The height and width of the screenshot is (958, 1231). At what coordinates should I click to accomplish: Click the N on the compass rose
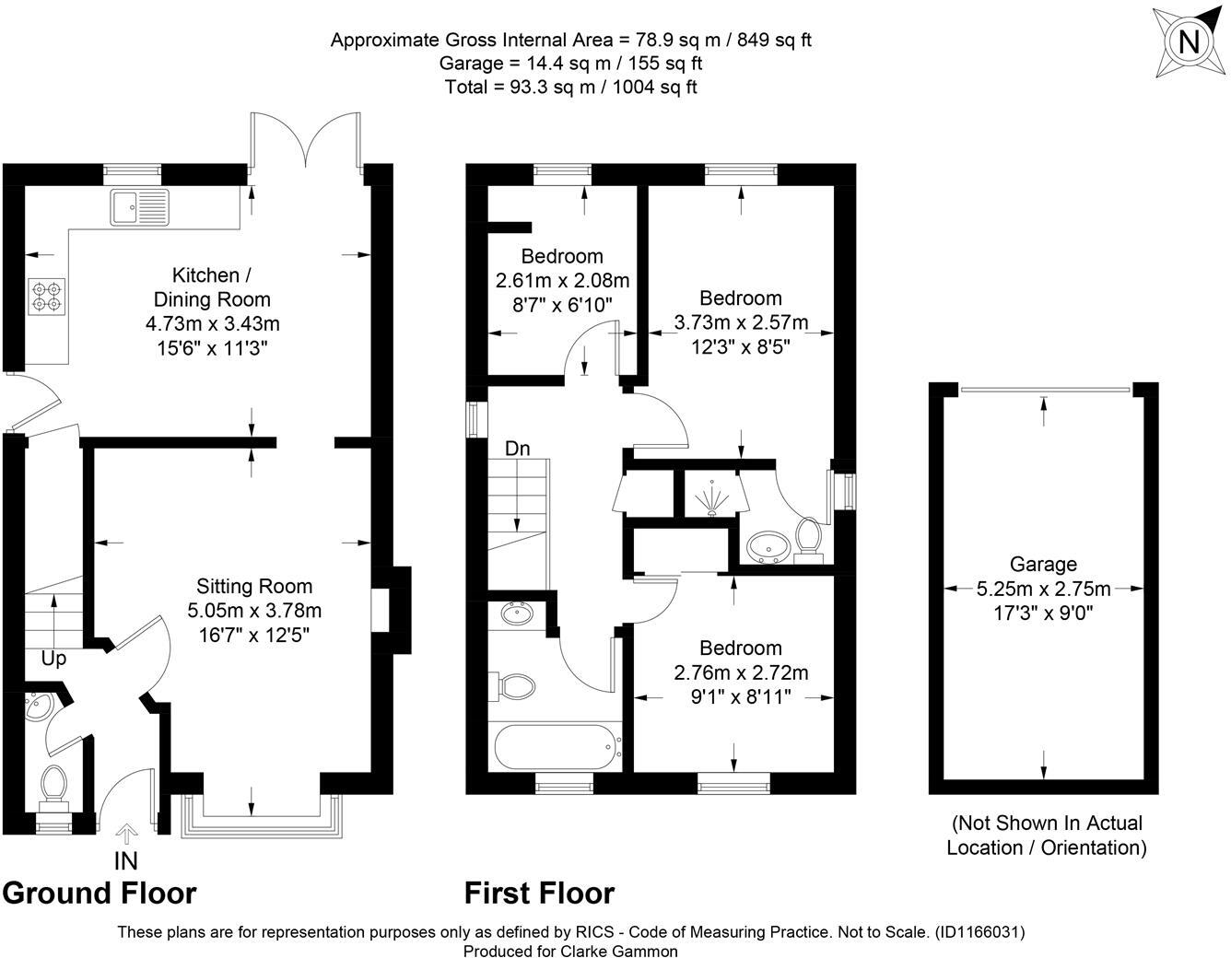point(1189,41)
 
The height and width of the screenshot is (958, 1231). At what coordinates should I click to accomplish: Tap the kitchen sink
point(140,207)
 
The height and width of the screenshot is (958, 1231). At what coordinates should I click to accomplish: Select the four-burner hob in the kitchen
point(46,296)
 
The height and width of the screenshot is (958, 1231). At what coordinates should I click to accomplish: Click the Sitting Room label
point(254,586)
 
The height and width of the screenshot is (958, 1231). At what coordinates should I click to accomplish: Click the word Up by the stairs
point(53,659)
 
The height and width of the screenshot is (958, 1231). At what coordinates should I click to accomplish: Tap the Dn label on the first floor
point(517,449)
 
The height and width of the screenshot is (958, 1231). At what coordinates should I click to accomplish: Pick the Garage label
point(1043,565)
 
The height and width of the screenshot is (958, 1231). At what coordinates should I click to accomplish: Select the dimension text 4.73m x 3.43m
point(213,324)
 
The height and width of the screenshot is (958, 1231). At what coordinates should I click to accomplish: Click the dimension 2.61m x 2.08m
point(562,280)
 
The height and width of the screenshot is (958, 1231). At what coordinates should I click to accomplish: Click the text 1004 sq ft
point(655,88)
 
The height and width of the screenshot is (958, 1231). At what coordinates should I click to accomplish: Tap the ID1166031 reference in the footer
point(978,932)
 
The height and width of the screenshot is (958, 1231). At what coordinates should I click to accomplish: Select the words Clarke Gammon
point(619,952)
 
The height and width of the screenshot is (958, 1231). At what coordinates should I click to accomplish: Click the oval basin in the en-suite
point(766,547)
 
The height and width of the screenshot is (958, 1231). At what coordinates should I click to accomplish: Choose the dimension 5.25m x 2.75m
point(1043,589)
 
